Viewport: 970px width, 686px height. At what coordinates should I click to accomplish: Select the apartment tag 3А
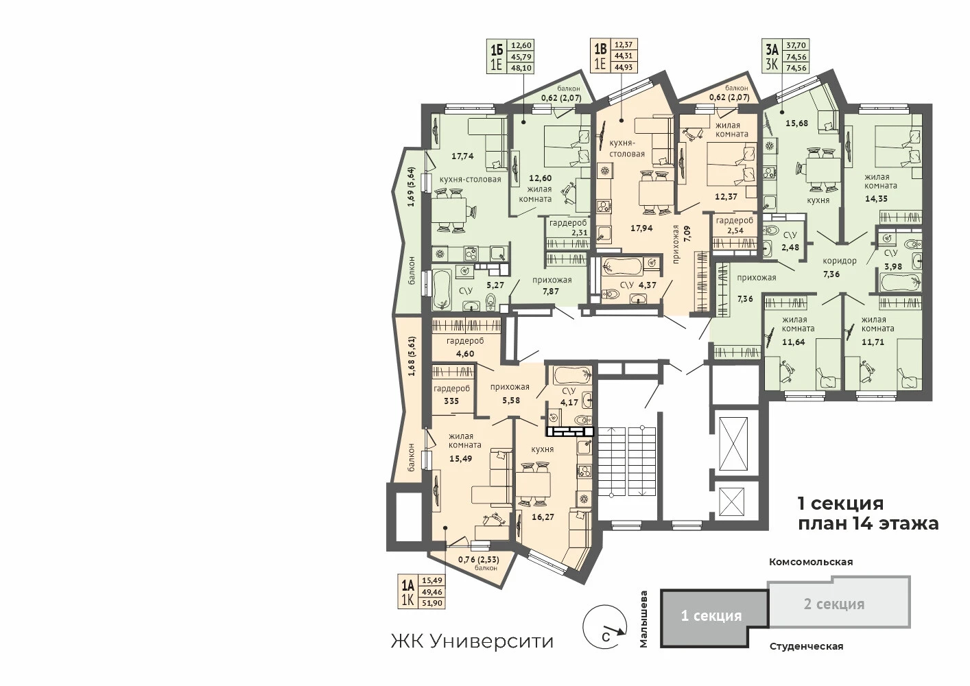click(772, 51)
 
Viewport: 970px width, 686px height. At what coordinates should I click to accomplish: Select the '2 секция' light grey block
click(839, 602)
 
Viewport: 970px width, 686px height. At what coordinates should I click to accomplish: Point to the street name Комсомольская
click(811, 562)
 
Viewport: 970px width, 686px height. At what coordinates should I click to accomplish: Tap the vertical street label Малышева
click(644, 619)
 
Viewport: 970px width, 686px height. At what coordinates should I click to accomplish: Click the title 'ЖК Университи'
click(473, 641)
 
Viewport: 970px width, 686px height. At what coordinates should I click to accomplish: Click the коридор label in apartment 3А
click(840, 261)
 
